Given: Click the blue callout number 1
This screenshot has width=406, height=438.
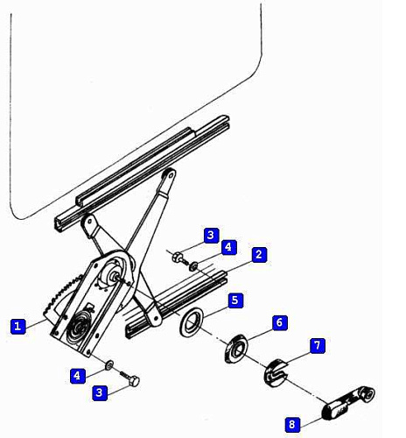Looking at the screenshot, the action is pyautogui.click(x=17, y=326).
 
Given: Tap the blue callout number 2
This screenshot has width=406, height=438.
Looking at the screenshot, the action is pyautogui.click(x=259, y=255).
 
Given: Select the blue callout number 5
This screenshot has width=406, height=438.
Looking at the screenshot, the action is pyautogui.click(x=235, y=300).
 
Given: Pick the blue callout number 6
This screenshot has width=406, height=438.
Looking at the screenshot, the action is pyautogui.click(x=279, y=322).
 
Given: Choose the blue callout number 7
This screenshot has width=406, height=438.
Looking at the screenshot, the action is pyautogui.click(x=318, y=346).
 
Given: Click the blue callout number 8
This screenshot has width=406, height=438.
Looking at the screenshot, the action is pyautogui.click(x=292, y=424).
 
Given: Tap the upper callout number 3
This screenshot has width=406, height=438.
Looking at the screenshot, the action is pyautogui.click(x=211, y=235).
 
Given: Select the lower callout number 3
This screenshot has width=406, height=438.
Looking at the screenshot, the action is pyautogui.click(x=100, y=392).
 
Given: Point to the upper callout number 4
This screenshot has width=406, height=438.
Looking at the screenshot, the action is pyautogui.click(x=228, y=247).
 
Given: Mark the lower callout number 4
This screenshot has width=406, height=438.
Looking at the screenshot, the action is pyautogui.click(x=78, y=376).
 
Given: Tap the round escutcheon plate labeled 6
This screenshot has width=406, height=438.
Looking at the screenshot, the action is pyautogui.click(x=235, y=349).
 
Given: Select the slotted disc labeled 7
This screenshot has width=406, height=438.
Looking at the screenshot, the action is pyautogui.click(x=276, y=373).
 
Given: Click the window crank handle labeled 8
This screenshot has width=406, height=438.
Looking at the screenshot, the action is pyautogui.click(x=347, y=402).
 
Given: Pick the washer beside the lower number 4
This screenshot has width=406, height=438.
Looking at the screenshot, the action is pyautogui.click(x=109, y=365).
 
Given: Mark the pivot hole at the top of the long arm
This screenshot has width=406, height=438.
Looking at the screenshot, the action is pyautogui.click(x=170, y=174).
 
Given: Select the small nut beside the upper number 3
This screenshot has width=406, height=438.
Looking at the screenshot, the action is pyautogui.click(x=177, y=257).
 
